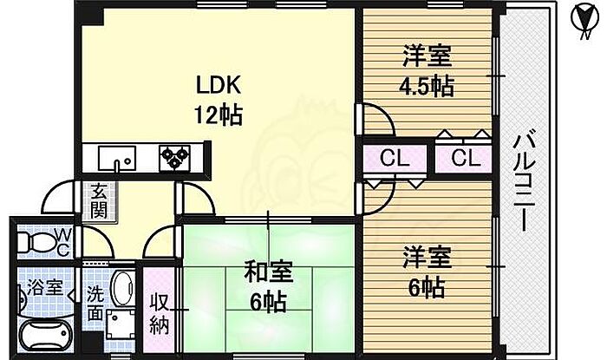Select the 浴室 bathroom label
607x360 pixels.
pos(43,288)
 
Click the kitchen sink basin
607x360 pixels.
pos(116,159)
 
